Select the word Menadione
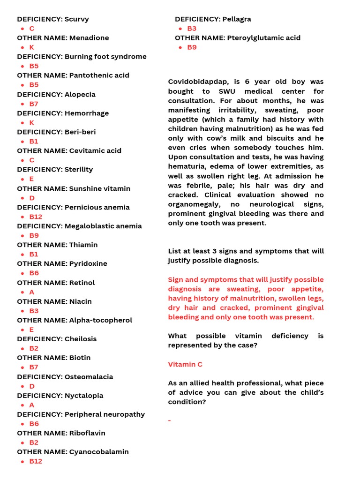(x=89, y=38)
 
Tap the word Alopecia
(x=80, y=94)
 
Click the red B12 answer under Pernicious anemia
(x=36, y=217)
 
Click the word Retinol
(x=82, y=283)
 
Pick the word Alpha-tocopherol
(x=100, y=320)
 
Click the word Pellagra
(x=237, y=19)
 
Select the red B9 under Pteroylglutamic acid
(x=192, y=47)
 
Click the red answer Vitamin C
(x=185, y=364)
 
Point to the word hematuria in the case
(x=186, y=166)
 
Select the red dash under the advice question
(x=170, y=420)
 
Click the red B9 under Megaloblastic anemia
(x=34, y=235)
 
